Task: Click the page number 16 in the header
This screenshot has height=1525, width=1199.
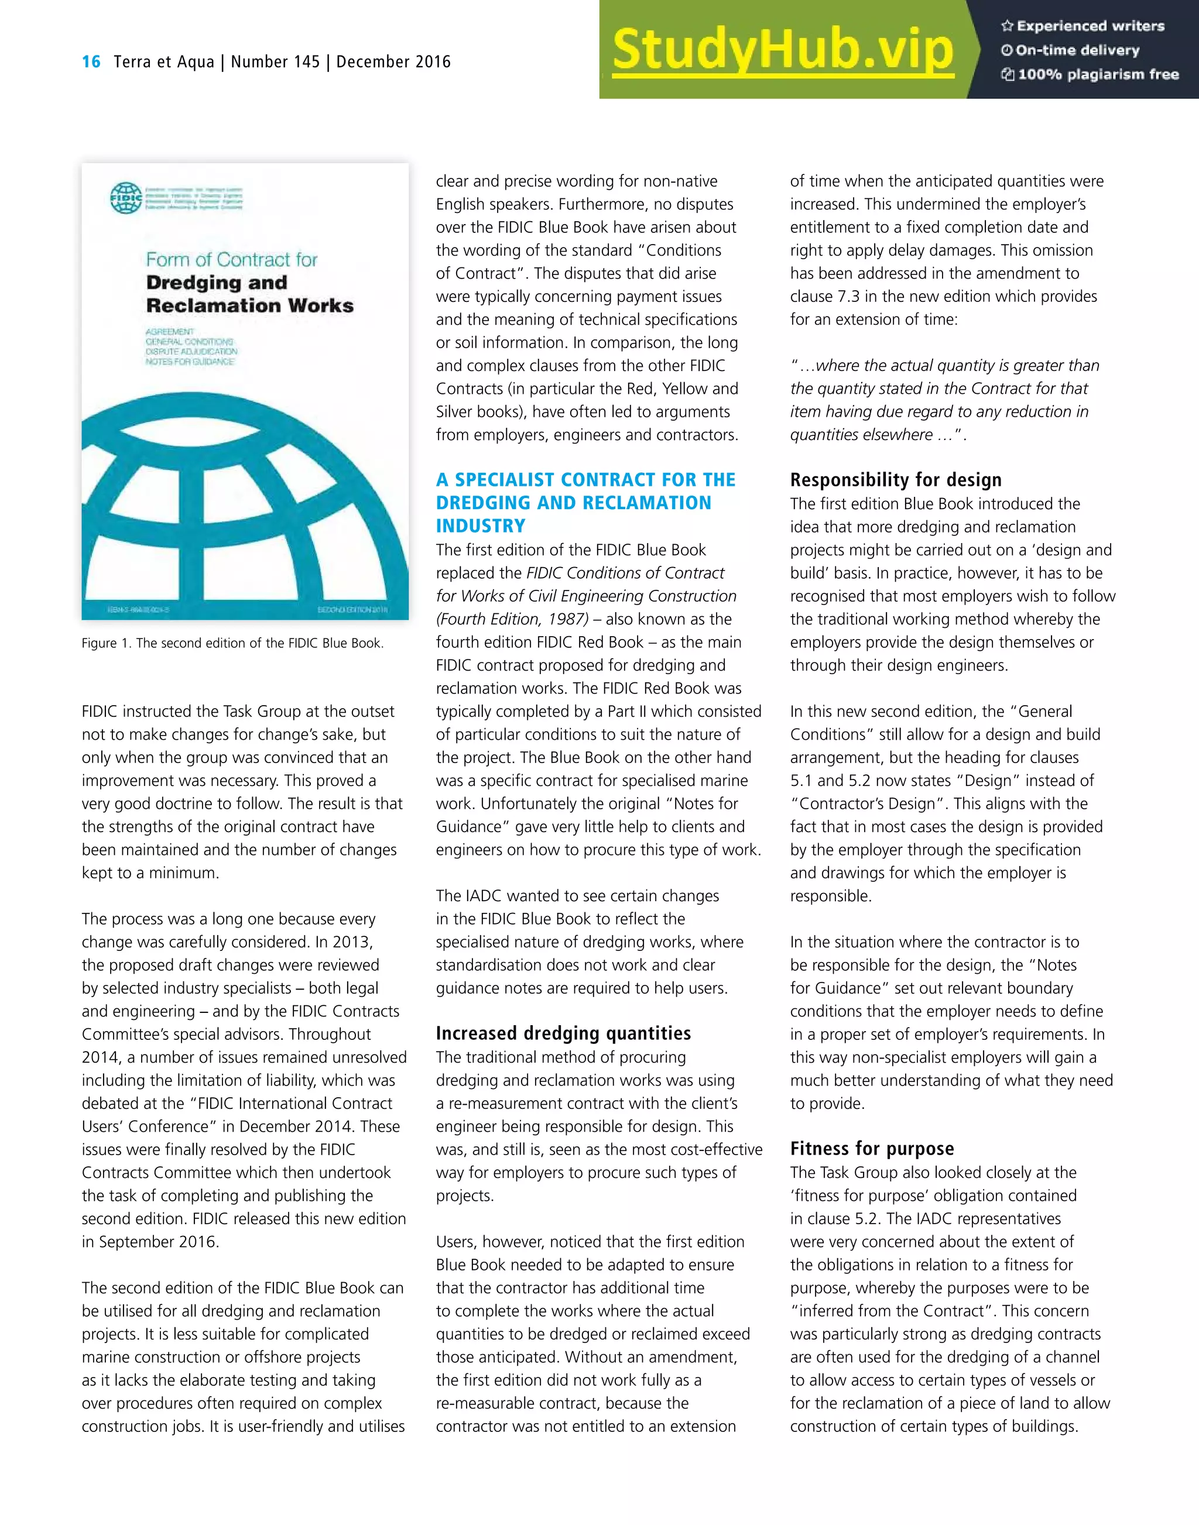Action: [91, 62]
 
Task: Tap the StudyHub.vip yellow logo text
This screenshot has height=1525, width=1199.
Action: [782, 50]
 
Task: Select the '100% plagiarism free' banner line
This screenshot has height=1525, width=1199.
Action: [1090, 74]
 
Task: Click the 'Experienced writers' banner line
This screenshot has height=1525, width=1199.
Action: [1083, 26]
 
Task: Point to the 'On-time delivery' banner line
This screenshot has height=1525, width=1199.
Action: [1071, 50]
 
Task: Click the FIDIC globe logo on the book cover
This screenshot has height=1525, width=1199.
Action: [126, 198]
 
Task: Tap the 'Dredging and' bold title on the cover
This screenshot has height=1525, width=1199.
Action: [217, 283]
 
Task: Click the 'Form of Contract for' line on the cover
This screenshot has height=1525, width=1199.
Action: [232, 260]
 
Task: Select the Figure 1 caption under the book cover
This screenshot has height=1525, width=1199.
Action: [232, 643]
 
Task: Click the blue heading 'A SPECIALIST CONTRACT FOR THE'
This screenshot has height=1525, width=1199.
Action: [585, 480]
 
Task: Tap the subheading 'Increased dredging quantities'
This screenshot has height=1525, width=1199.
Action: [563, 1033]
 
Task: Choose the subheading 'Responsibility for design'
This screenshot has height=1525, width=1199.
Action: [896, 480]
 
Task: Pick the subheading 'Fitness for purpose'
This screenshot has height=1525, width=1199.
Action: [872, 1149]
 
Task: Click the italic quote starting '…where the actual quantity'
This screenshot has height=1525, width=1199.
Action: [944, 366]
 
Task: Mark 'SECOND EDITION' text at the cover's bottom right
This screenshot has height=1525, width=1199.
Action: [352, 610]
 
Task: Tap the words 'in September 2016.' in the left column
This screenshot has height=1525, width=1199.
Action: [150, 1241]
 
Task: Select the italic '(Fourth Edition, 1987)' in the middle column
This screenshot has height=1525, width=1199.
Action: [512, 619]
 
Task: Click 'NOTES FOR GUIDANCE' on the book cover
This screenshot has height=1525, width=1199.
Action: [190, 362]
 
